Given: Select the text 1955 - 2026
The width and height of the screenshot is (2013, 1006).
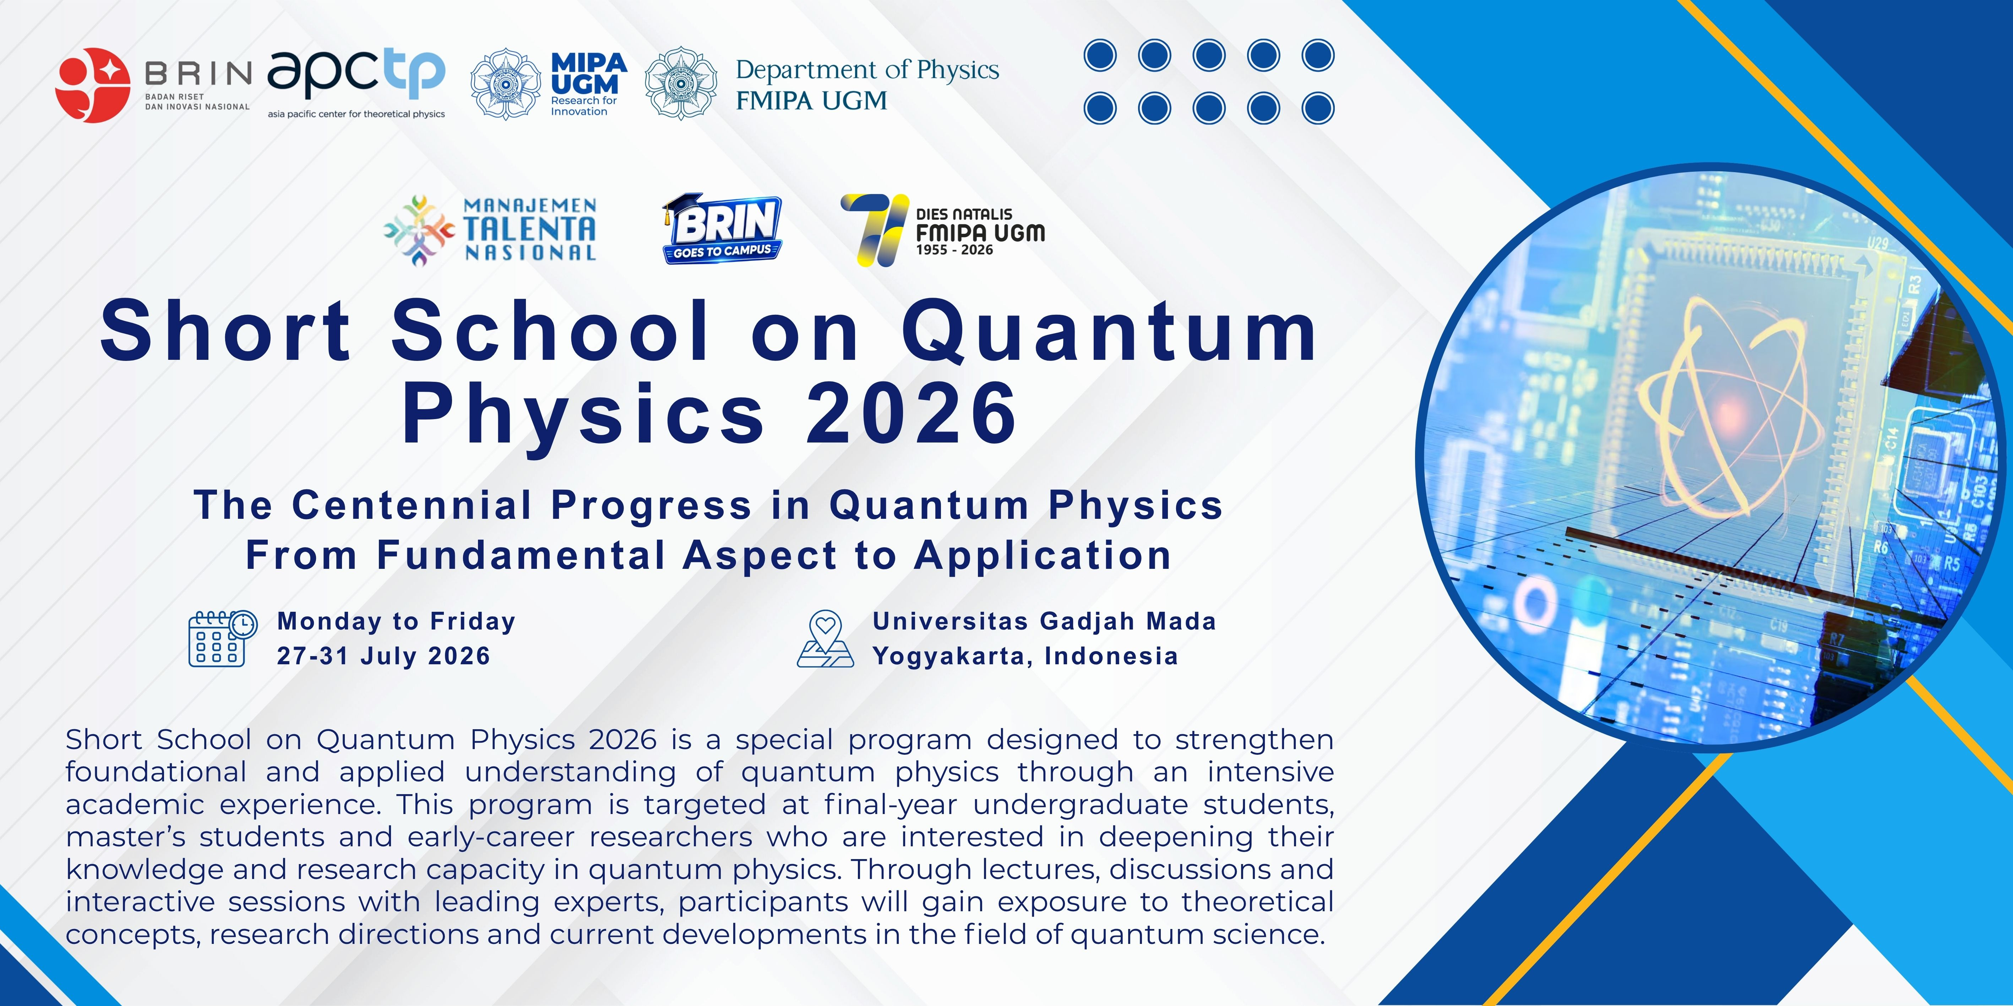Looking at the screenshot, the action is coord(954,250).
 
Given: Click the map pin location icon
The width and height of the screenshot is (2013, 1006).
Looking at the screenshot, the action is coord(825,639).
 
